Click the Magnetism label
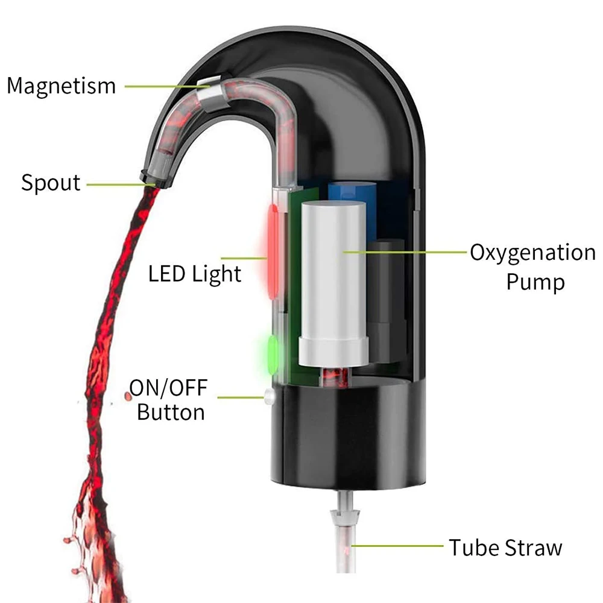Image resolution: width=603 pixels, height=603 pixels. (61, 86)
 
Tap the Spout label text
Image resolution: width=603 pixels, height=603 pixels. (51, 182)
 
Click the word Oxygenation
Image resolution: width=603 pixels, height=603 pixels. (532, 252)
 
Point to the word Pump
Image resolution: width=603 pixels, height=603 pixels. (535, 282)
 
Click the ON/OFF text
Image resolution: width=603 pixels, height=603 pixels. (168, 388)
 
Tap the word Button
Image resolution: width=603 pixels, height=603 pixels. (171, 412)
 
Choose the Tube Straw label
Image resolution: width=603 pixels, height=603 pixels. (505, 547)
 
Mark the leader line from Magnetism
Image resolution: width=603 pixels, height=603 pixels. (163, 86)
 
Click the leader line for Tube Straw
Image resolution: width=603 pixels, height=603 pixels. (398, 546)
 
